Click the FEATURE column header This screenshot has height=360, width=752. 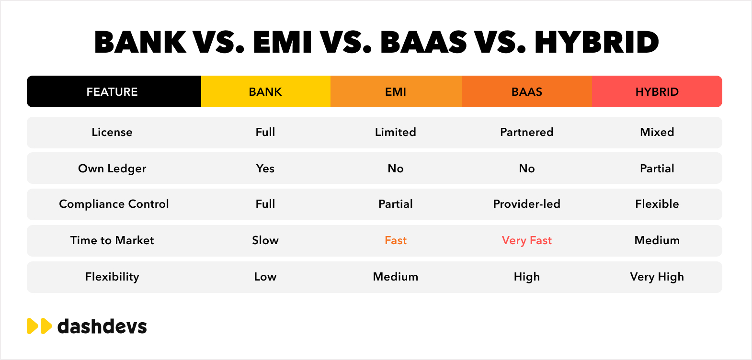(112, 91)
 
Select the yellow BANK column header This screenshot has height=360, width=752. (265, 91)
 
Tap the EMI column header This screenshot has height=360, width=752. (396, 91)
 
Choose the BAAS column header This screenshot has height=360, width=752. (527, 91)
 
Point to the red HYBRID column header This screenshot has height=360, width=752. (657, 91)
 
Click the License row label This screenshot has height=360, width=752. (112, 132)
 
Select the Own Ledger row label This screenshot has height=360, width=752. (112, 169)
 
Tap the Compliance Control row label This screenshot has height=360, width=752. (114, 204)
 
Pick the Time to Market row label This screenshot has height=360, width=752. (112, 240)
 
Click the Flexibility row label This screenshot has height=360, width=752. (112, 277)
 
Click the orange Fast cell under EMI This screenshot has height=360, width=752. (396, 240)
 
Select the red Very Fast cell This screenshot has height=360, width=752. (527, 241)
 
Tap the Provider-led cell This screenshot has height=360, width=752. (527, 204)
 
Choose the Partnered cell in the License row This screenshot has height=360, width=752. (527, 132)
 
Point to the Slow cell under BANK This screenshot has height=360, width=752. (265, 240)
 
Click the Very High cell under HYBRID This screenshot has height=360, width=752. (657, 277)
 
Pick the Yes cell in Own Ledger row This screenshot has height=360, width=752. (265, 169)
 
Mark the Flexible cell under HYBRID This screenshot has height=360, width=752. (657, 204)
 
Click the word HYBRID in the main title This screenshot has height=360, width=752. (597, 42)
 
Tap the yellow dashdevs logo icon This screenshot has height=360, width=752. (39, 326)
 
